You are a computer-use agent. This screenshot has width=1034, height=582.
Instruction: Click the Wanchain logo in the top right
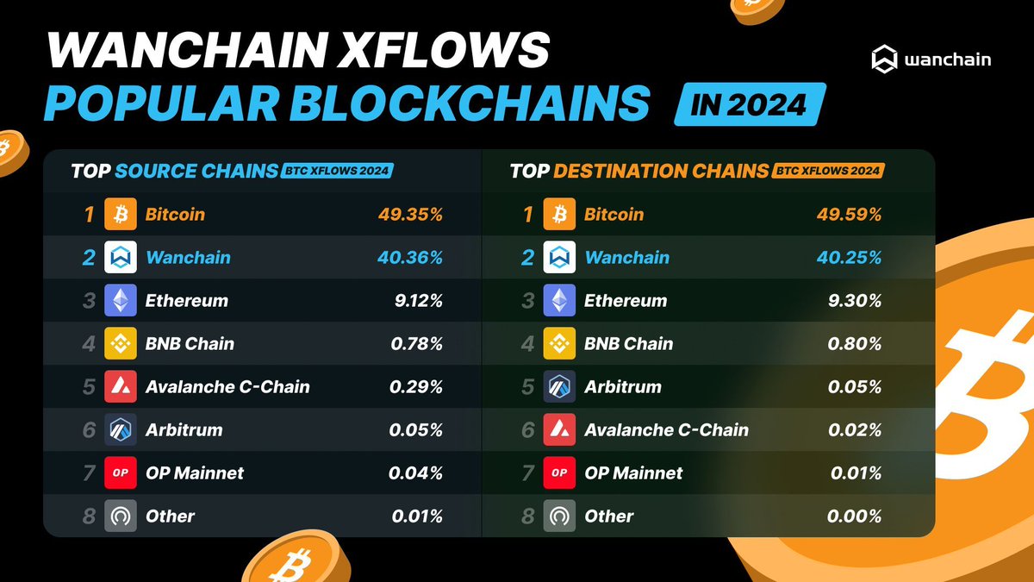(930, 60)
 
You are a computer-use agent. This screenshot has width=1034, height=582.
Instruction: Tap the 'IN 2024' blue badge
(751, 104)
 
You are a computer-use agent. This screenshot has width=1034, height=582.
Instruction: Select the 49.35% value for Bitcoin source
(410, 215)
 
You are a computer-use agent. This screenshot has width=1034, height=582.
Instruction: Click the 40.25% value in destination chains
(849, 258)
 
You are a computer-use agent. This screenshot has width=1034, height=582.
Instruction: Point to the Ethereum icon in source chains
(121, 301)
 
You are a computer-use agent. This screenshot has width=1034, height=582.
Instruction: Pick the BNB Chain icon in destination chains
(559, 344)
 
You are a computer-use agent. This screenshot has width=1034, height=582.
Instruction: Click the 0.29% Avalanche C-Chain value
(416, 387)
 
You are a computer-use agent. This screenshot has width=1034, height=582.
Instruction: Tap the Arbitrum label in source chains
(184, 430)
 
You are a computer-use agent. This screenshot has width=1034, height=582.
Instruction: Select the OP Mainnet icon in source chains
(121, 473)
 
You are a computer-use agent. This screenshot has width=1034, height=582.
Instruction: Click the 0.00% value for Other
(854, 516)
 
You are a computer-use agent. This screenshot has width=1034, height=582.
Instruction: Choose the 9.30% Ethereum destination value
(854, 301)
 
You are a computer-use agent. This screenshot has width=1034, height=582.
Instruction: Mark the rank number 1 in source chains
(89, 215)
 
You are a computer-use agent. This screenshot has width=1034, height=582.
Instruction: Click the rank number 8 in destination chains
(527, 516)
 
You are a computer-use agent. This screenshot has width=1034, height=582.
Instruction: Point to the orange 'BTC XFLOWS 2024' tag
(828, 171)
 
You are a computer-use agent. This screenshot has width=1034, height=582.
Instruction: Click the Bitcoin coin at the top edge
(759, 9)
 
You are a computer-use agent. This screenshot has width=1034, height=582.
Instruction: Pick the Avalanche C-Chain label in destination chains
(666, 430)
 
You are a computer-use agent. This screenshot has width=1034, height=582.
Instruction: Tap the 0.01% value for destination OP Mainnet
(856, 473)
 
